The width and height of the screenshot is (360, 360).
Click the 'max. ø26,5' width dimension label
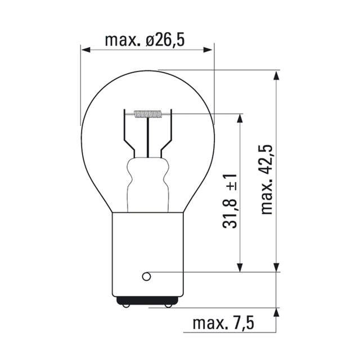(x=145, y=40)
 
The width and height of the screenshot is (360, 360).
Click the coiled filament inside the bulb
(x=147, y=115)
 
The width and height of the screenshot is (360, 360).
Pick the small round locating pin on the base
(x=146, y=276)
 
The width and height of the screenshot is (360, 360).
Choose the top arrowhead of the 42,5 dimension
(x=276, y=75)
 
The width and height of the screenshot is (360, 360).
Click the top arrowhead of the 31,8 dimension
(x=240, y=119)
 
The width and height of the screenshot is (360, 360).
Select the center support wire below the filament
(x=147, y=138)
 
